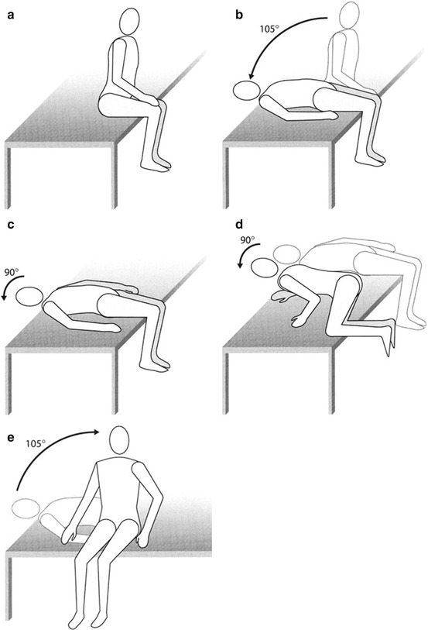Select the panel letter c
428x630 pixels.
pyautogui.click(x=11, y=224)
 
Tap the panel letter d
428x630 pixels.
pyautogui.click(x=240, y=223)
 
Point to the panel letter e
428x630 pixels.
pyautogui.click(x=11, y=437)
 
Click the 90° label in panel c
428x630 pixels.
pyautogui.click(x=12, y=272)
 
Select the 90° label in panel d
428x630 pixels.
pyautogui.click(x=248, y=240)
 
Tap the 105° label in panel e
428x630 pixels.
pyautogui.click(x=36, y=443)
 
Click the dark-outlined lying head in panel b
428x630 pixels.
pyautogui.click(x=246, y=91)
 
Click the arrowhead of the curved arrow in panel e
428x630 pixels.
pyautogui.click(x=96, y=432)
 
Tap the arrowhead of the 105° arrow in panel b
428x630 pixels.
pyautogui.click(x=252, y=75)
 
